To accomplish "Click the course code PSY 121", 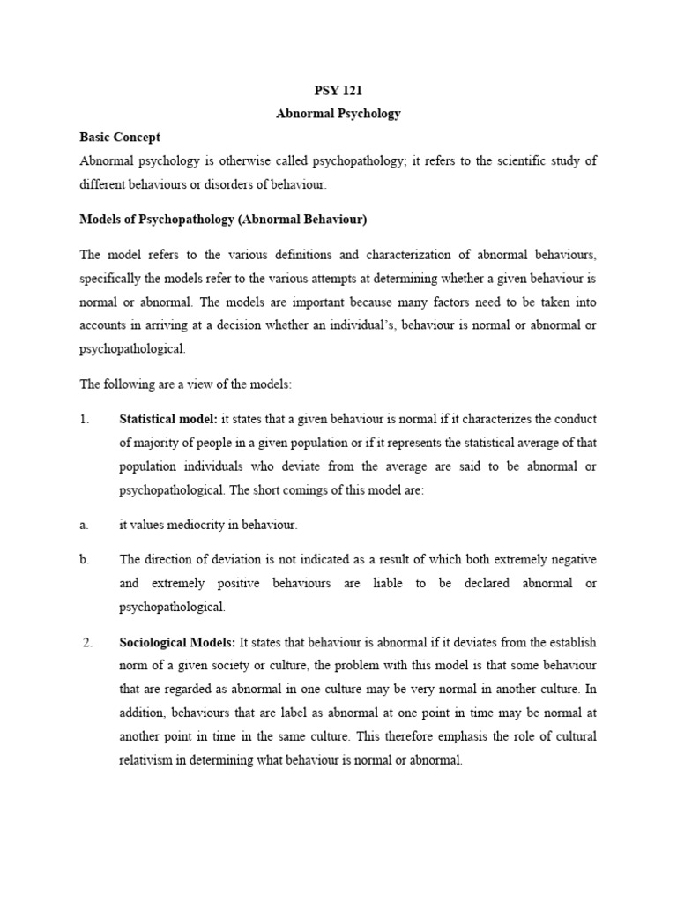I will click(338, 91).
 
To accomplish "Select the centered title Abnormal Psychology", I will click(338, 114).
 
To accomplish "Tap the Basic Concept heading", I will click(120, 138).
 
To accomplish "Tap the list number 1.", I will click(85, 419).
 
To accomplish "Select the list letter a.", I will click(84, 525).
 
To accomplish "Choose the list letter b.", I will click(85, 560).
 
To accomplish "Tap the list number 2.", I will click(88, 642).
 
